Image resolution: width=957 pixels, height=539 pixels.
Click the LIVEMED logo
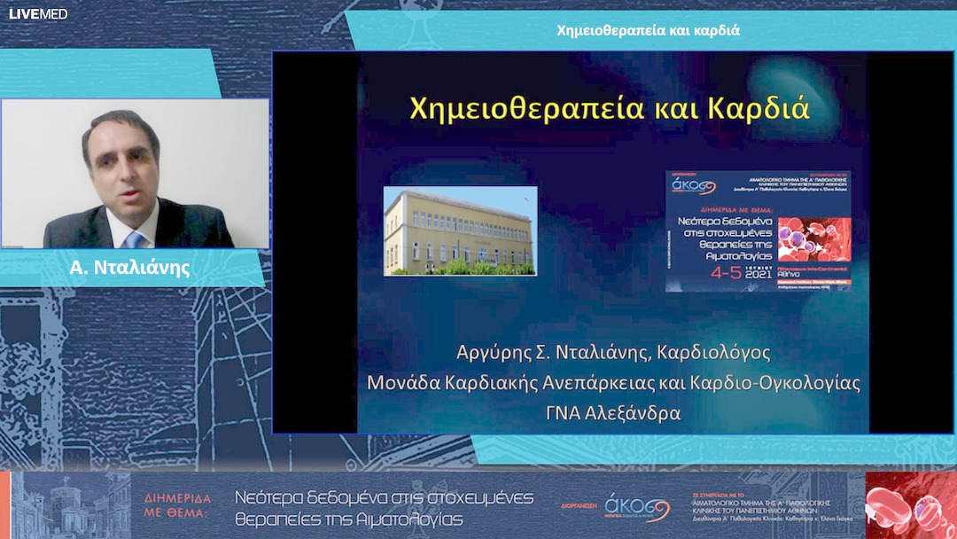click(x=38, y=13)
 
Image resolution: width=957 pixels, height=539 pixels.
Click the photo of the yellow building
click(x=460, y=230)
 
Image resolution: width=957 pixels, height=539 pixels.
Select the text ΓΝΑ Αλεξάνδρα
click(x=611, y=412)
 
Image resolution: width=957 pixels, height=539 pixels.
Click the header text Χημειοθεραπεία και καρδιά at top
click(x=648, y=30)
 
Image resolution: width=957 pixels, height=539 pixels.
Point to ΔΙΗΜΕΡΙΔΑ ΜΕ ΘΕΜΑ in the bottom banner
click(x=178, y=504)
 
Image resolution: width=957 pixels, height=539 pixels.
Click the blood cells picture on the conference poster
click(x=826, y=239)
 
